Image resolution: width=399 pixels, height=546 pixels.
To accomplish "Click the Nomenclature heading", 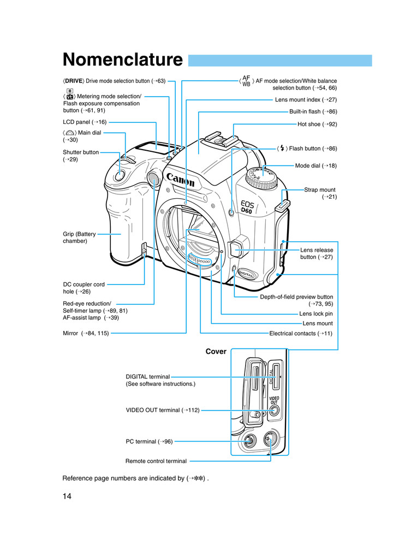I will pyautogui.click(x=122, y=60).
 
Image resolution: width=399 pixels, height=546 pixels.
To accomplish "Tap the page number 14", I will pyautogui.click(x=67, y=496).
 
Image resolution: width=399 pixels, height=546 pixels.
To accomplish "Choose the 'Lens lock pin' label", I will pyautogui.click(x=315, y=314).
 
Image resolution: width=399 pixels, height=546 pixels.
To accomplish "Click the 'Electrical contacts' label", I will pyautogui.click(x=301, y=333).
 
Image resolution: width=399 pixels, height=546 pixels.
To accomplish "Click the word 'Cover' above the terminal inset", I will pyautogui.click(x=216, y=352).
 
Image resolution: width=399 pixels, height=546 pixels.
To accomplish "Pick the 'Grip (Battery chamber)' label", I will pyautogui.click(x=79, y=238).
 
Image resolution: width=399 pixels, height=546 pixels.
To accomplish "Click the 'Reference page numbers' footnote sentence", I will pyautogui.click(x=136, y=478).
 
